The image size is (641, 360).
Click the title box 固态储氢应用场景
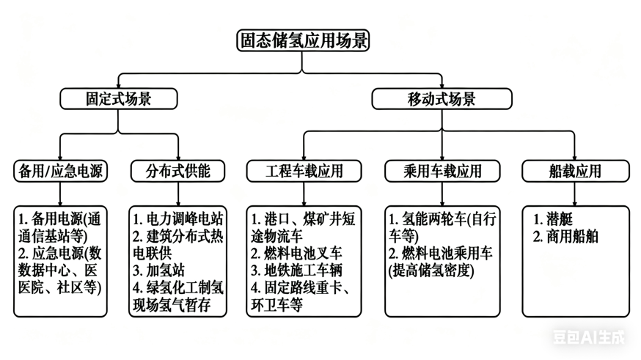pyautogui.click(x=304, y=40)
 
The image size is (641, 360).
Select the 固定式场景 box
pyautogui.click(x=119, y=99)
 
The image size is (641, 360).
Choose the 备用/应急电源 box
pyautogui.click(x=61, y=171)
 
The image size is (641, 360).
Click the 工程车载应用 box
pyautogui.click(x=304, y=171)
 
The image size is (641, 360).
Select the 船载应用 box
pyautogui.click(x=575, y=171)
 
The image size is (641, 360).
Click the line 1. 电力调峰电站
pyautogui.click(x=179, y=218)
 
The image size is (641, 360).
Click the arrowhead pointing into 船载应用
pyautogui.click(x=575, y=156)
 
